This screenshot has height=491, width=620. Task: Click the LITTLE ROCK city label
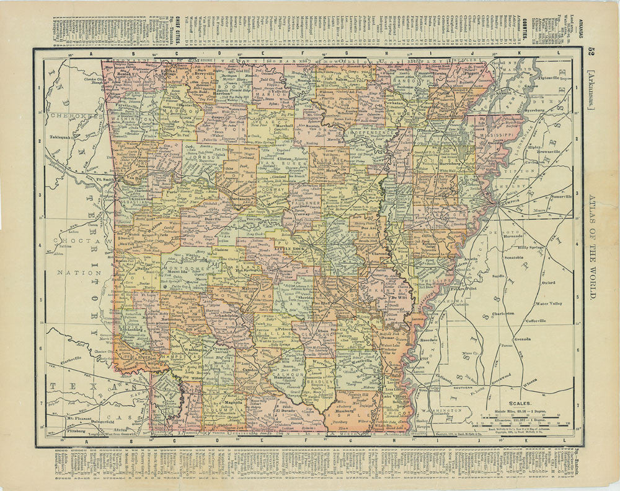coord(287,248)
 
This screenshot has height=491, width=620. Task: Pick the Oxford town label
coord(546,282)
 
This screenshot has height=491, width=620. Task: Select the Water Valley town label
coord(548,303)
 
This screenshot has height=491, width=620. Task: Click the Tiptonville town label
coord(553,79)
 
